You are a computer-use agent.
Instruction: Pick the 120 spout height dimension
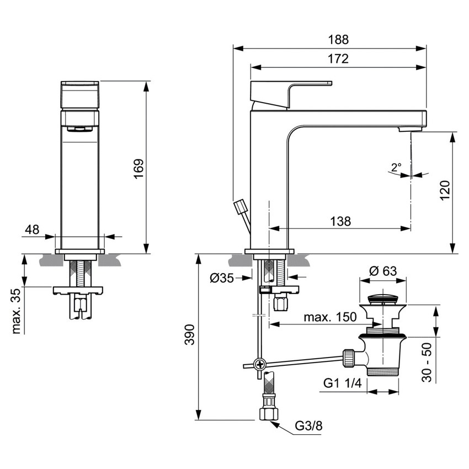tap(446, 189)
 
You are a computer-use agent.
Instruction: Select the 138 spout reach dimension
tap(341, 221)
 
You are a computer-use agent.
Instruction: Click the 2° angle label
tap(396, 167)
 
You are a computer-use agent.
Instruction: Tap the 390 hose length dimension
tap(189, 335)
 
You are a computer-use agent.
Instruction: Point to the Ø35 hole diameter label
tap(222, 278)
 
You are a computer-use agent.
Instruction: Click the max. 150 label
tap(329, 317)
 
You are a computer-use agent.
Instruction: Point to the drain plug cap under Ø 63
tap(383, 300)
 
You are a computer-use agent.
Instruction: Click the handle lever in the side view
tap(291, 87)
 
